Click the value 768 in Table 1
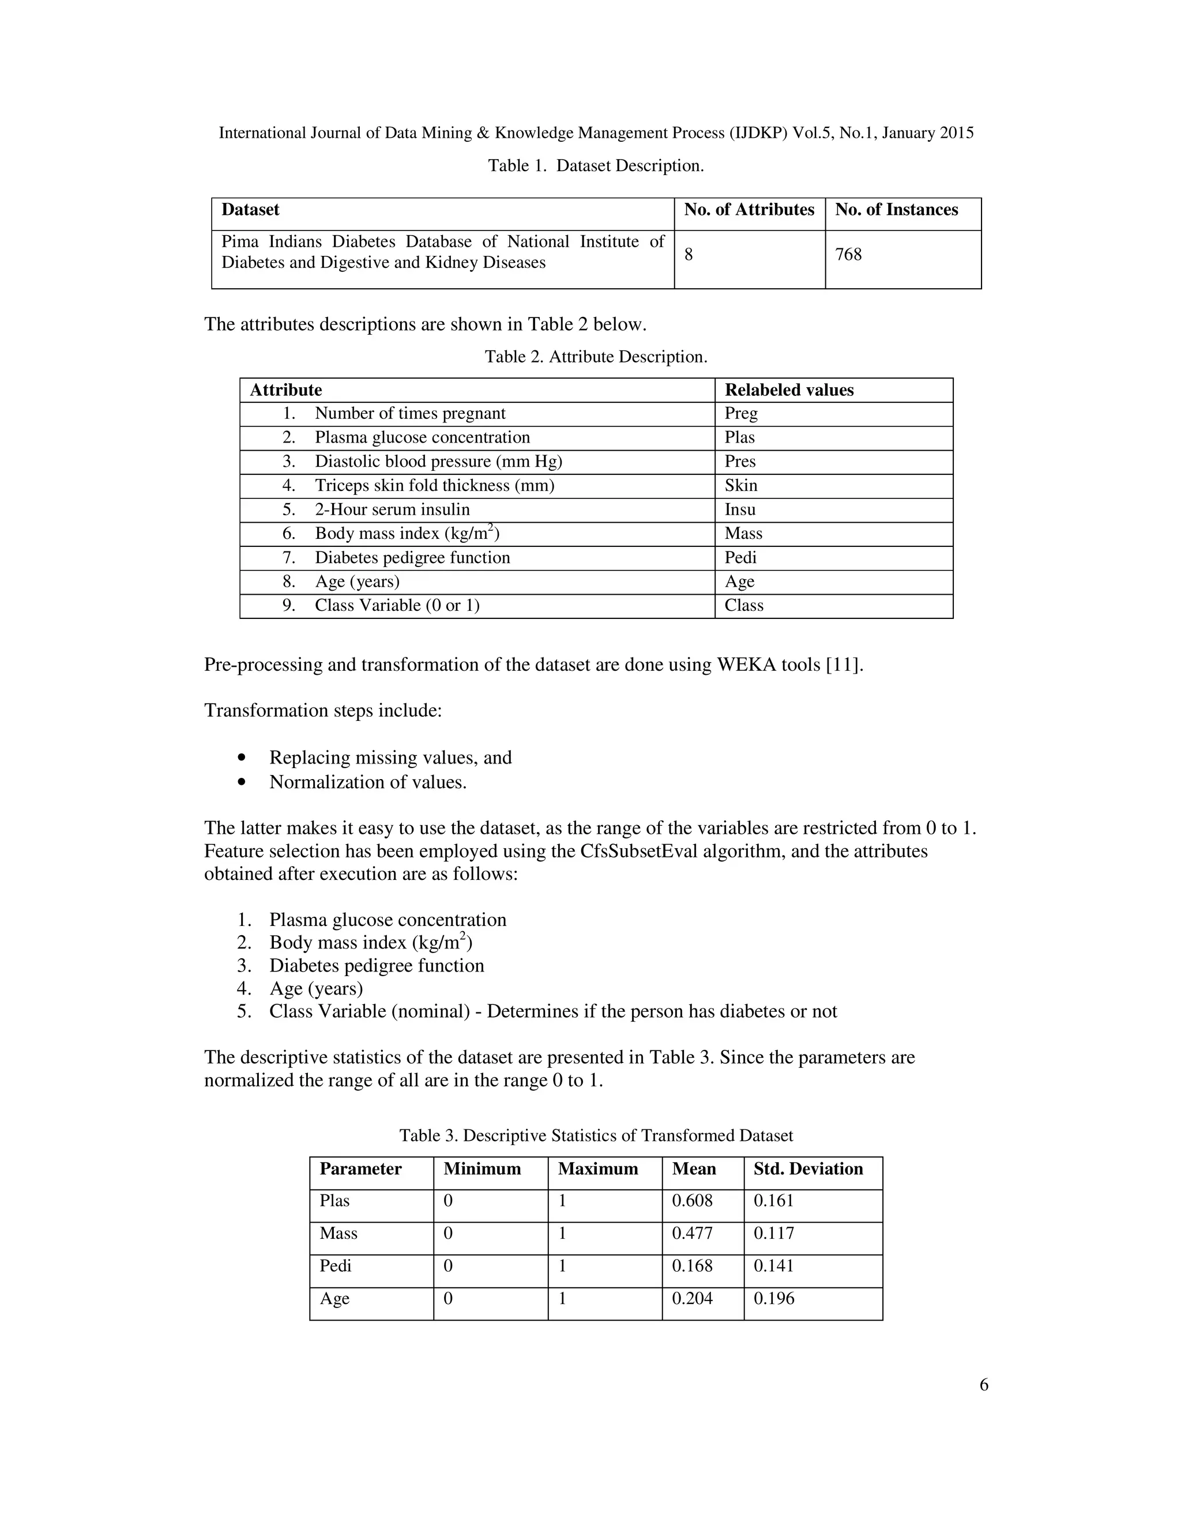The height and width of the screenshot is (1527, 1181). (848, 255)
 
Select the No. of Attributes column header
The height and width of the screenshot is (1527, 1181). (749, 210)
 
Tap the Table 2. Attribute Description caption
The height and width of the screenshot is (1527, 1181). (596, 357)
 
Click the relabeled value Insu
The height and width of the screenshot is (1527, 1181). (740, 510)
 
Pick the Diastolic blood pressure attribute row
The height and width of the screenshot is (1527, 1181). (438, 462)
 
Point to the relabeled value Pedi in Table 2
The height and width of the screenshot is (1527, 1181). (740, 558)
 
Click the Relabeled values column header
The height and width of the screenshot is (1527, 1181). (789, 390)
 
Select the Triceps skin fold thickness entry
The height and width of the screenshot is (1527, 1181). (434, 486)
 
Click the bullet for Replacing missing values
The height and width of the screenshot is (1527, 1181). (242, 758)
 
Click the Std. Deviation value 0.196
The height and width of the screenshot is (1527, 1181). (774, 1298)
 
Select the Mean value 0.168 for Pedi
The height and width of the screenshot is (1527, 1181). (692, 1266)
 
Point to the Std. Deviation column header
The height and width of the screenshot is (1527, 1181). (808, 1169)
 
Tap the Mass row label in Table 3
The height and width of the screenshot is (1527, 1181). (338, 1233)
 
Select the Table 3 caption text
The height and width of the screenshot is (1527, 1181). (596, 1136)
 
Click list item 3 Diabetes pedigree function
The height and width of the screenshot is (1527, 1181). (377, 966)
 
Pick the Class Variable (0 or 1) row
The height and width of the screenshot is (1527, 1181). (397, 606)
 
